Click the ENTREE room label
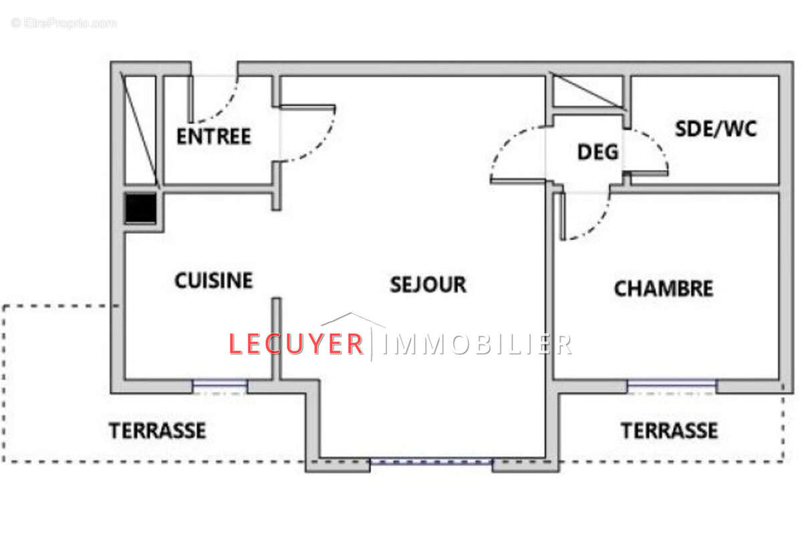tap(213, 136)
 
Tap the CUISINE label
tap(214, 281)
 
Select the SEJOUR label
tap(428, 284)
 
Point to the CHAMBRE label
tap(663, 289)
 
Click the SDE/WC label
tap(716, 128)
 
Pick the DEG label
tap(597, 152)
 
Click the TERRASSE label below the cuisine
tap(158, 431)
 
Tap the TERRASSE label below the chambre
tap(670, 431)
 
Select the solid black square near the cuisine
tap(140, 209)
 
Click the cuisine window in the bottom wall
tap(220, 385)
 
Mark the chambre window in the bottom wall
tap(672, 385)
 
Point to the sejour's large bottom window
tap(431, 461)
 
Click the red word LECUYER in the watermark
tap(295, 344)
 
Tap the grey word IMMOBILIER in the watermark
tap(479, 344)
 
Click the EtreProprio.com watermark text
tap(64, 23)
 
